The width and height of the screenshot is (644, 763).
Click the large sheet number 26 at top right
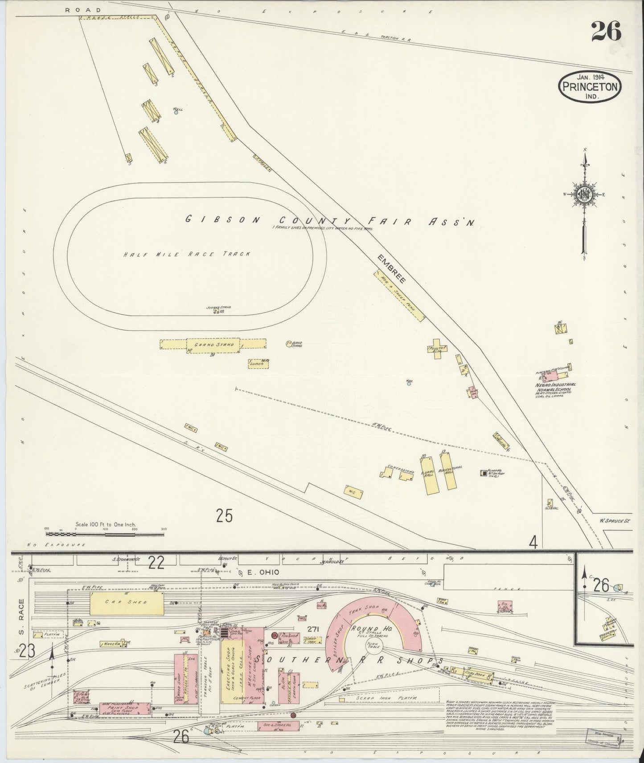pos(606,31)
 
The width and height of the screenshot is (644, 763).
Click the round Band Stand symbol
pos(288,344)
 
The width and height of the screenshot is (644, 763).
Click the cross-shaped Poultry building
pos(435,348)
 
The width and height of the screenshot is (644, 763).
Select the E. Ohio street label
pos(258,573)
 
